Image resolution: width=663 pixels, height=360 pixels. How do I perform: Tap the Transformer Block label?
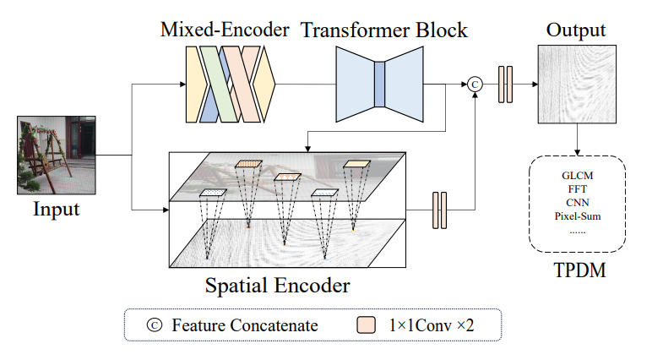(384, 31)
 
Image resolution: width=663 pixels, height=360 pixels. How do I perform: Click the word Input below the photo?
(56, 208)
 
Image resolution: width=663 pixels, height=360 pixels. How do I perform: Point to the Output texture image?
(577, 84)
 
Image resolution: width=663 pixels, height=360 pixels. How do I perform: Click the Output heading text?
(576, 30)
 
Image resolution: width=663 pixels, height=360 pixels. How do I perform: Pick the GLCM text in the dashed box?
(578, 175)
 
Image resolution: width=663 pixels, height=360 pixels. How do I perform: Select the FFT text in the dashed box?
(578, 189)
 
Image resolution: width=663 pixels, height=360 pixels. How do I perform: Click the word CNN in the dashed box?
(578, 203)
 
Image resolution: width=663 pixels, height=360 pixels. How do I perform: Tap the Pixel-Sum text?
(578, 216)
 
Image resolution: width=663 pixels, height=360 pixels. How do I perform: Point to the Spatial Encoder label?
(277, 285)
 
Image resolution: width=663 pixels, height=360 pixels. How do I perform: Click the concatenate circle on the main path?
(475, 84)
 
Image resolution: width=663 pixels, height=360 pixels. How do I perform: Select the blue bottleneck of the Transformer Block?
(379, 85)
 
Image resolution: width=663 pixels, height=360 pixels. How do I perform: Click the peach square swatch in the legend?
(366, 325)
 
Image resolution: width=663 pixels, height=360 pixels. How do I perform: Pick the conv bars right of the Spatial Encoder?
(438, 210)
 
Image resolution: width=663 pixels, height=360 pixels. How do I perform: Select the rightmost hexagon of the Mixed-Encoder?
(264, 85)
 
